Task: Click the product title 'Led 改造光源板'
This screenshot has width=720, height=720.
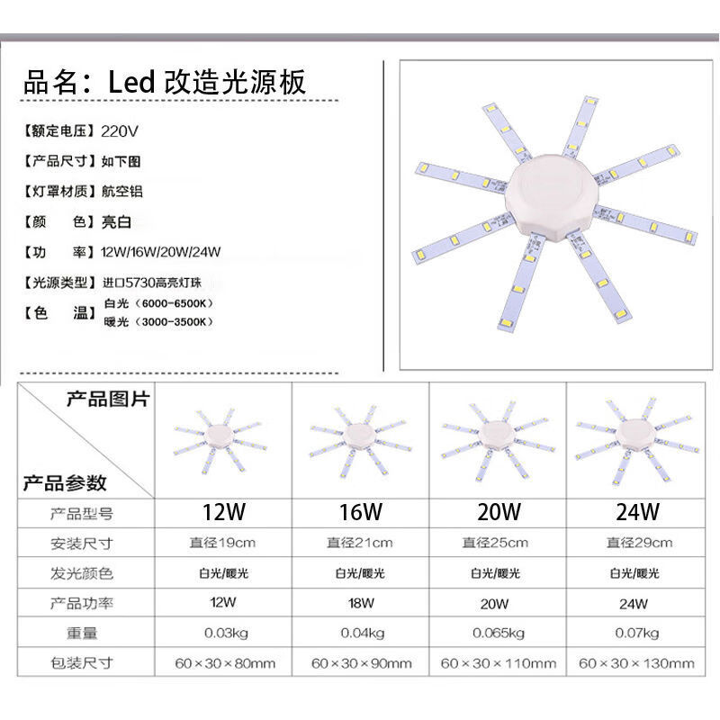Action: tap(207, 82)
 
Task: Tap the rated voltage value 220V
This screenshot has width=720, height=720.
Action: tap(121, 130)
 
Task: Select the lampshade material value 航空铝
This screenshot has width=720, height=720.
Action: tap(122, 191)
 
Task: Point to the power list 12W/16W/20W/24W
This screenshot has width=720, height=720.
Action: tap(161, 251)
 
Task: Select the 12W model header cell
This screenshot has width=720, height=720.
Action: tap(224, 513)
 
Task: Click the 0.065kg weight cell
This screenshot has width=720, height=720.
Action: tap(498, 633)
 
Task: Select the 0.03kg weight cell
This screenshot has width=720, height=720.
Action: tap(224, 633)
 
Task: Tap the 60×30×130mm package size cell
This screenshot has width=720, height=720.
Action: tap(637, 664)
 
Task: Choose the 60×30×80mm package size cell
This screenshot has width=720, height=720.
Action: tap(224, 664)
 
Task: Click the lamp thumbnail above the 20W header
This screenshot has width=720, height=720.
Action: tap(498, 436)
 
